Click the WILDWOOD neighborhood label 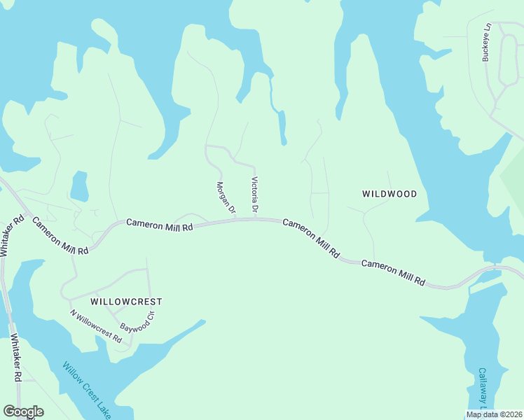point(389,194)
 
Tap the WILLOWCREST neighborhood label point(126,302)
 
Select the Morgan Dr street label point(225,198)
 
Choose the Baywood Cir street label point(137,326)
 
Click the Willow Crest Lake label point(86,389)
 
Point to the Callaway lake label point(482,388)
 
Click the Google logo point(23,412)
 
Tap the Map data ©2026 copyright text point(495,414)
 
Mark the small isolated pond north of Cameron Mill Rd point(79,186)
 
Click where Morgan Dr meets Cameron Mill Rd point(235,220)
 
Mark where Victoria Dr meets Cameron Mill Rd point(255,218)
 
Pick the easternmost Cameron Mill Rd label point(393,273)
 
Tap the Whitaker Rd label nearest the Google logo point(17,358)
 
